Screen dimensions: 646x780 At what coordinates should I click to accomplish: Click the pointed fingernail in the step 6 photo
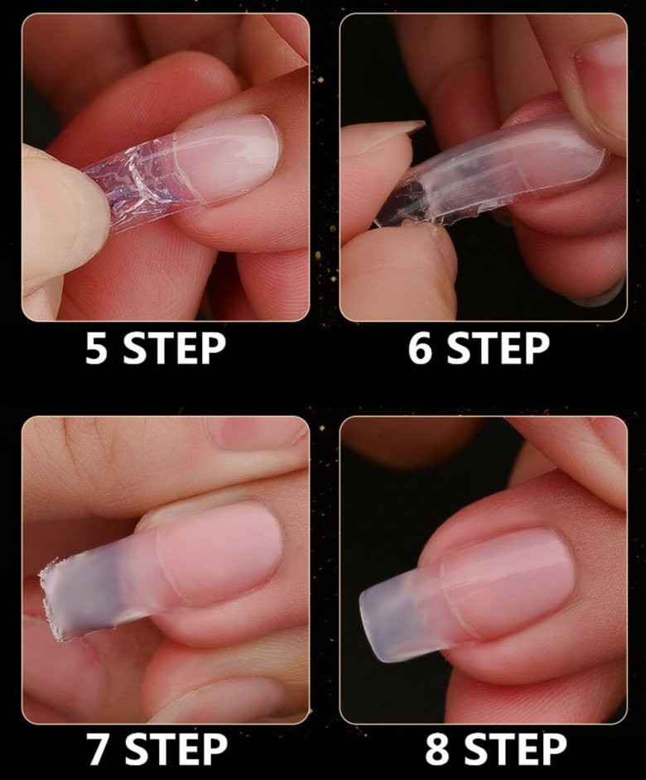coord(398,128)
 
